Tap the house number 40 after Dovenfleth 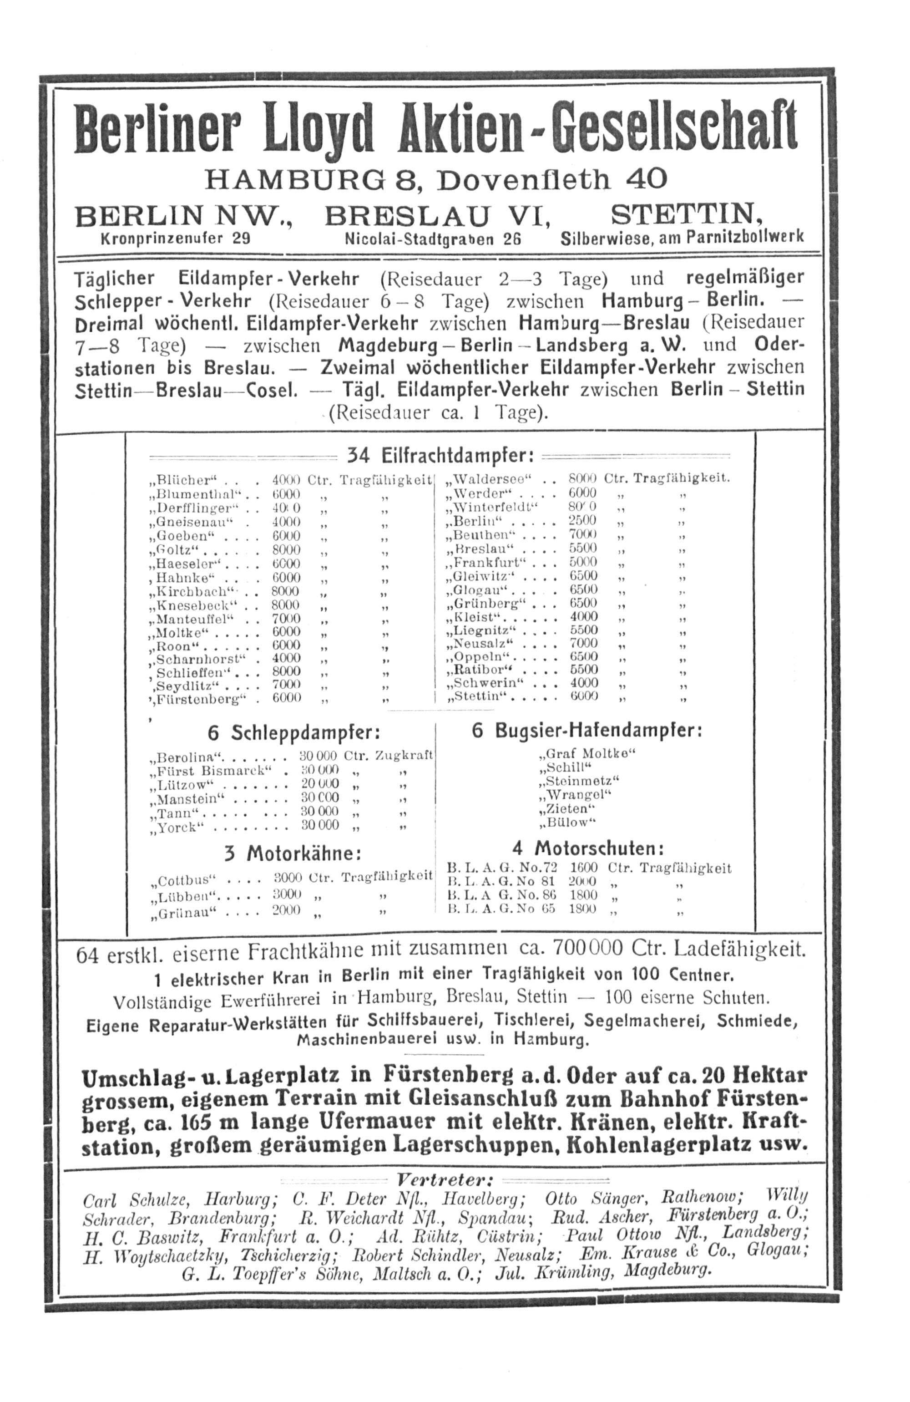pos(646,179)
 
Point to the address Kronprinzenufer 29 pos(176,239)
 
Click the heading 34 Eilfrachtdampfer pos(440,455)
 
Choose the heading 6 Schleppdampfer pos(293,733)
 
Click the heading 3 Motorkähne pos(292,853)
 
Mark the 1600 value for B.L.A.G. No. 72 pos(583,868)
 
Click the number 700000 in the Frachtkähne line pos(587,949)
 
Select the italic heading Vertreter pos(444,1180)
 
